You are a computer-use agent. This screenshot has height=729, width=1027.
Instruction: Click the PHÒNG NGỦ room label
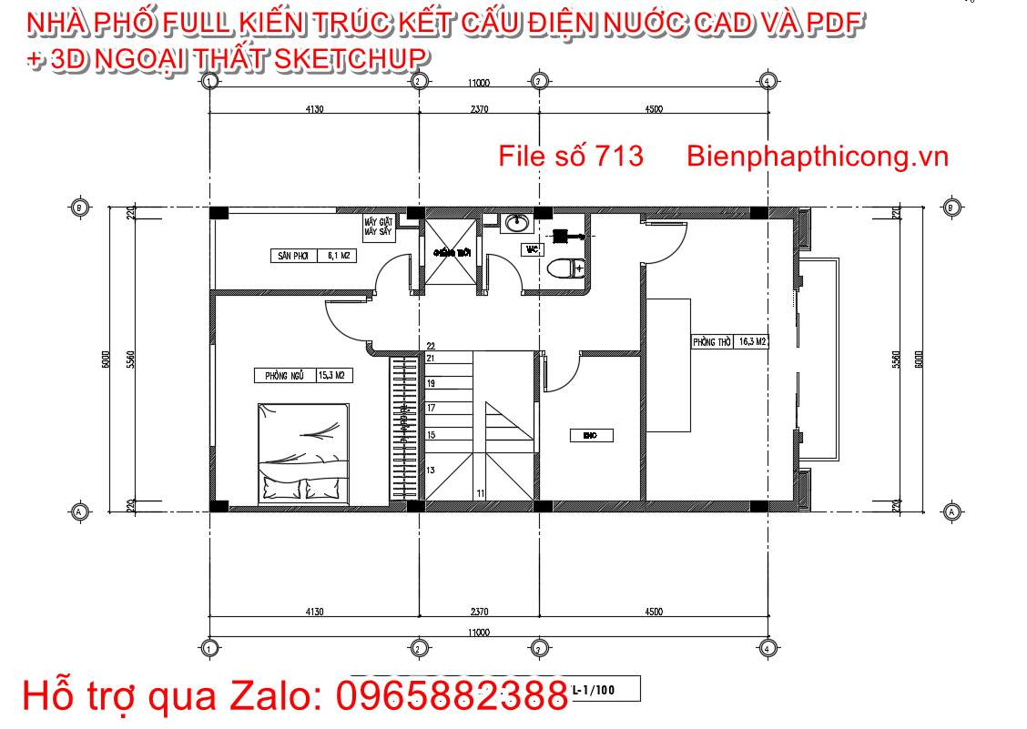(283, 375)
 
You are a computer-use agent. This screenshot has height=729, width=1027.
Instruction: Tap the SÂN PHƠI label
(293, 257)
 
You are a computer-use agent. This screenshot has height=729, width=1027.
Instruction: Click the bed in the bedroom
(304, 452)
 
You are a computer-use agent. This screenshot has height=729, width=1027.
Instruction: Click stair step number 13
(431, 470)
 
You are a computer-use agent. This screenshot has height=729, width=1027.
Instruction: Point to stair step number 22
(431, 346)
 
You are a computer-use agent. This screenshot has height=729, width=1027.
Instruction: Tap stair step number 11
(479, 492)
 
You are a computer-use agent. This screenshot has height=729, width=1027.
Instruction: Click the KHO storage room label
(589, 436)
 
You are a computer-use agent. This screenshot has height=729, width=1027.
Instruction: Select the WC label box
(533, 248)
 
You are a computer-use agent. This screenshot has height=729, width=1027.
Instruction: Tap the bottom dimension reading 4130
(314, 612)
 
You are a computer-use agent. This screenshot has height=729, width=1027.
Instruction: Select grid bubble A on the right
(951, 512)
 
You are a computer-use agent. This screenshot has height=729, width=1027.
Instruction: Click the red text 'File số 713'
(571, 157)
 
